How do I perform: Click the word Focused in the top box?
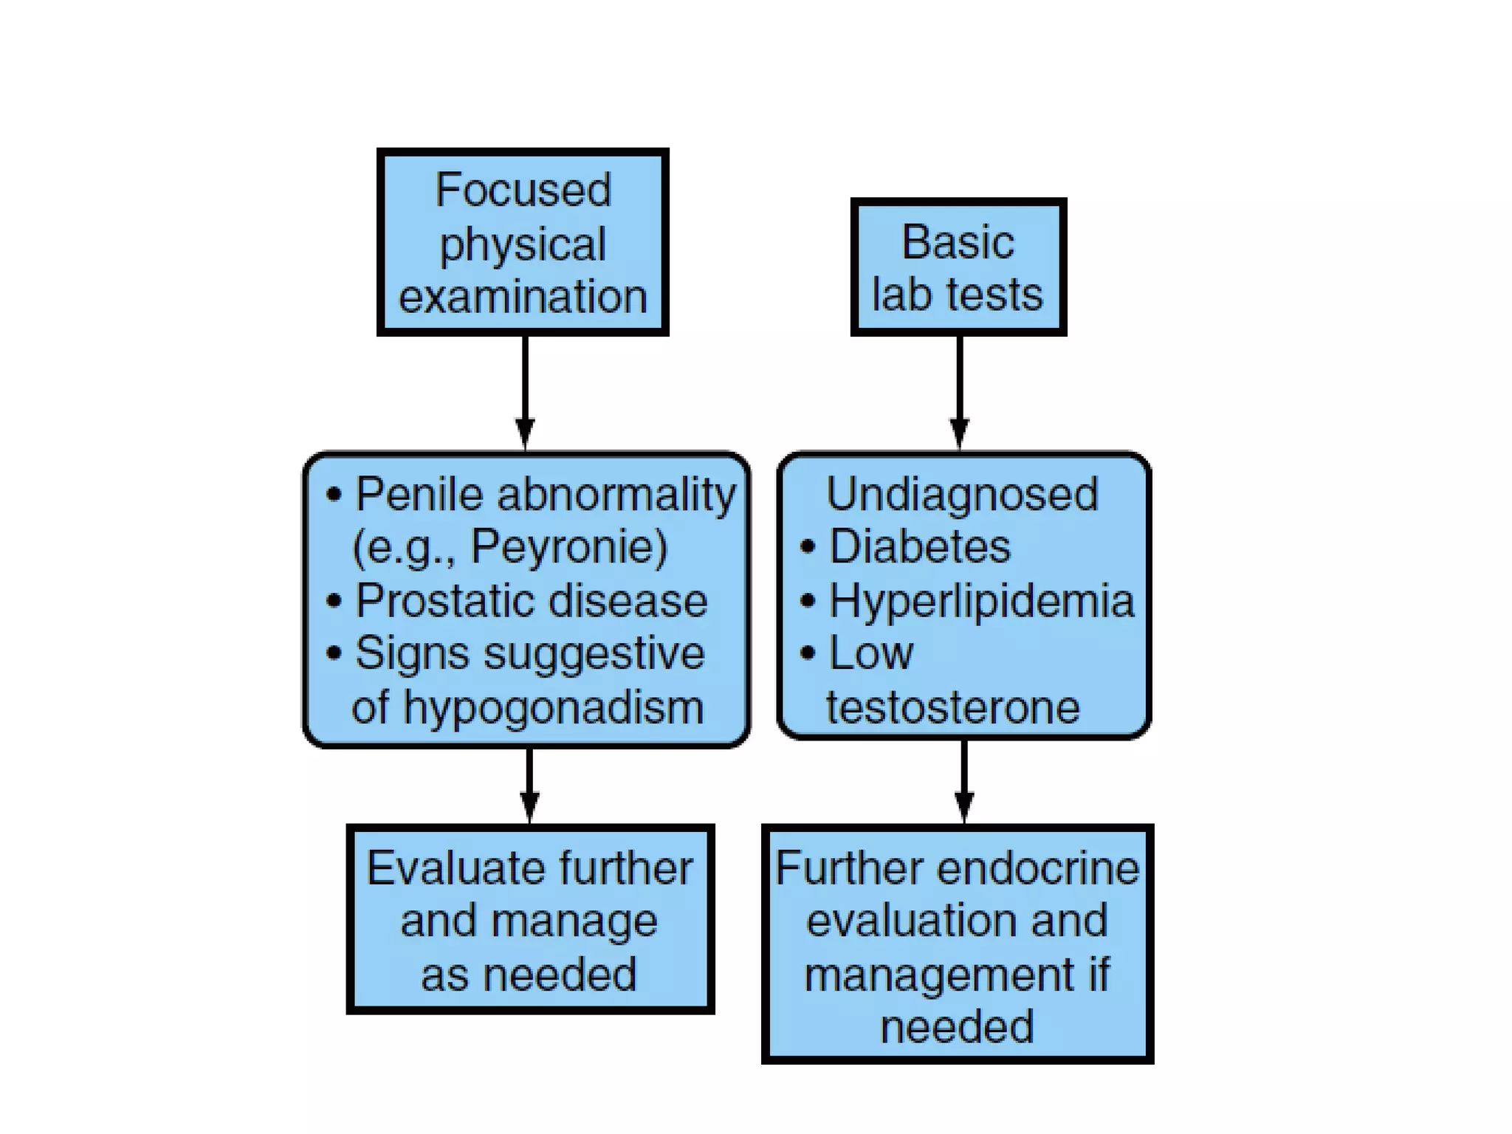pyautogui.click(x=523, y=190)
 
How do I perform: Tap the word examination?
pyautogui.click(x=523, y=297)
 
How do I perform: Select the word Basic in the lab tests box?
pyautogui.click(x=958, y=242)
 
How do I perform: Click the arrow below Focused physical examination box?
pyautogui.click(x=525, y=391)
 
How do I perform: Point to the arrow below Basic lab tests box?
pyautogui.click(x=959, y=391)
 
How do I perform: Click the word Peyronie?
pyautogui.click(x=568, y=547)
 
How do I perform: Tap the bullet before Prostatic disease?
pyautogui.click(x=334, y=600)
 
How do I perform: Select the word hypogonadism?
pyautogui.click(x=553, y=707)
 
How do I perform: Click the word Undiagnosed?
pyautogui.click(x=962, y=494)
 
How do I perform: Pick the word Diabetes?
pyautogui.click(x=919, y=547)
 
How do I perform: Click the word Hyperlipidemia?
pyautogui.click(x=981, y=600)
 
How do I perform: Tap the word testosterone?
pyautogui.click(x=952, y=707)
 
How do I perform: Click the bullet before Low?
pyautogui.click(x=808, y=653)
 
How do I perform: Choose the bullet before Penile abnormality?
pyautogui.click(x=334, y=494)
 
